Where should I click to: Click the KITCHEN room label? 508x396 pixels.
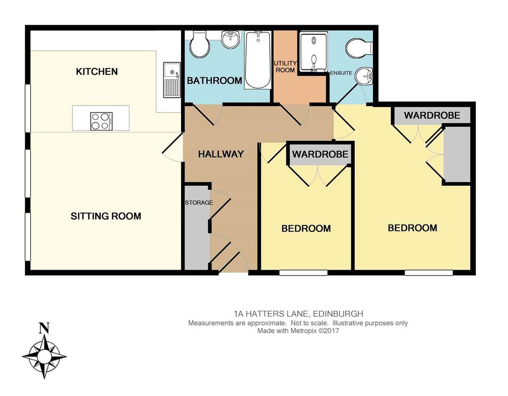97,71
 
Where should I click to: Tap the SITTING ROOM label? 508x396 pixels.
106,216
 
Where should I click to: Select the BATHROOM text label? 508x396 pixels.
214,81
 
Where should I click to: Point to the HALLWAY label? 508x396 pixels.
221,154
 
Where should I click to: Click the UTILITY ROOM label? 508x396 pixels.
285,66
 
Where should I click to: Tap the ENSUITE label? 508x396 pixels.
341,73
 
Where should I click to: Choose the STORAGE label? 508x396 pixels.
199,203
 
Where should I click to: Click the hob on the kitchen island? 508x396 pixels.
101,121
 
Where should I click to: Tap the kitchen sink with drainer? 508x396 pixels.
172,80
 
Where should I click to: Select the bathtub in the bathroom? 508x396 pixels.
258,60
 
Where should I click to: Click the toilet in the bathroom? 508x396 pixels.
199,45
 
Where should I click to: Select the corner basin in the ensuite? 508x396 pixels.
364,76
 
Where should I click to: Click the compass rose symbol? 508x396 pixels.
44,356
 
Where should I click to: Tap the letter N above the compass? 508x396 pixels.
44,328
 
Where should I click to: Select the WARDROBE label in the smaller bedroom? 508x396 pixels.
320,154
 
